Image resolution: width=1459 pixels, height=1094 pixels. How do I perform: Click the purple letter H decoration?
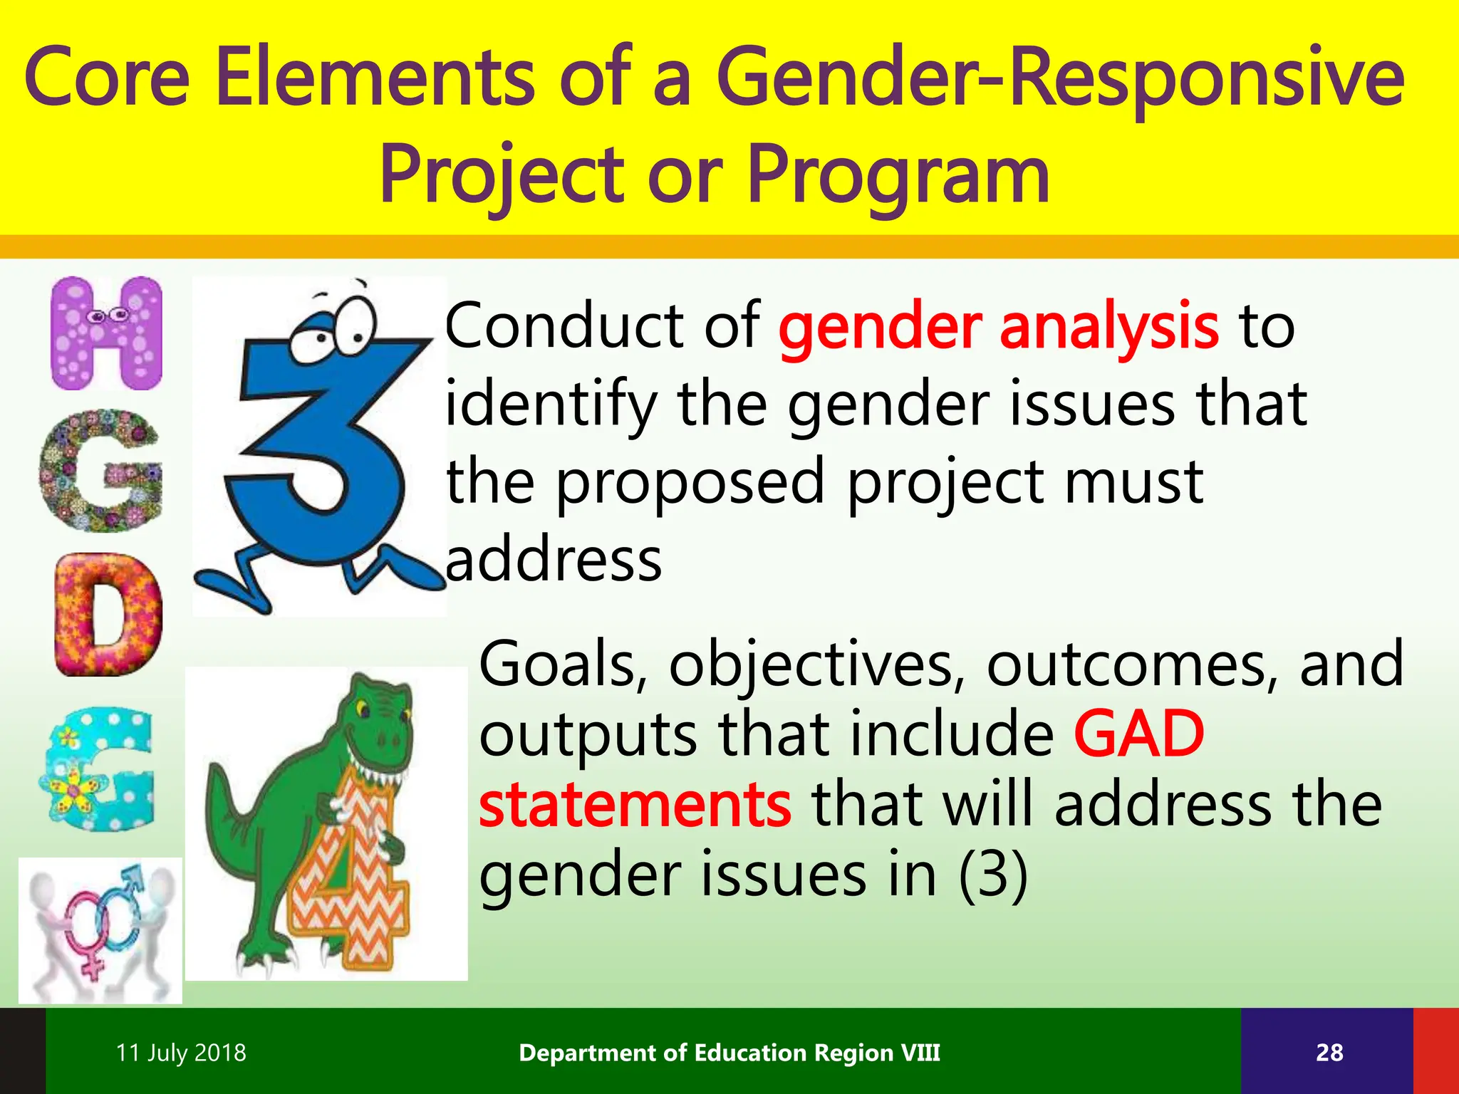(x=107, y=333)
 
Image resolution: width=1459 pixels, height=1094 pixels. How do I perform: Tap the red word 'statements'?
(x=634, y=805)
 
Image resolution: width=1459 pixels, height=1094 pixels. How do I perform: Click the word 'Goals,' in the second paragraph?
(x=563, y=664)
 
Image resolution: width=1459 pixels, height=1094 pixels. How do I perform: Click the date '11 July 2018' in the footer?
(x=181, y=1053)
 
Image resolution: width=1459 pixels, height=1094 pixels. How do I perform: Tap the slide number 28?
(x=1329, y=1053)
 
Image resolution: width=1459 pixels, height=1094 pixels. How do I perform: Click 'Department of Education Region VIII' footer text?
(x=729, y=1053)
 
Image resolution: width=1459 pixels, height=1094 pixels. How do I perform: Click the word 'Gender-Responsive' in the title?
(x=1060, y=78)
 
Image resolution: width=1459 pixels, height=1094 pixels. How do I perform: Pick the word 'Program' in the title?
(x=899, y=174)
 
